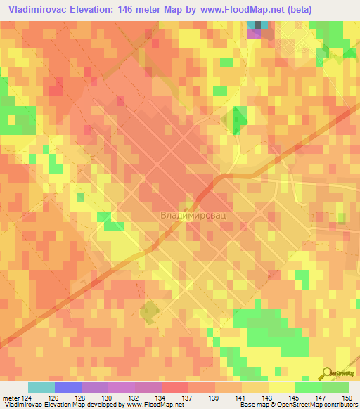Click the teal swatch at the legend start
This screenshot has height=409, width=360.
coord(41,388)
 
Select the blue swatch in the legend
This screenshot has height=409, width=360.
coord(68,388)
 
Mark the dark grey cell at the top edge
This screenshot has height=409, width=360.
coord(257,25)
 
